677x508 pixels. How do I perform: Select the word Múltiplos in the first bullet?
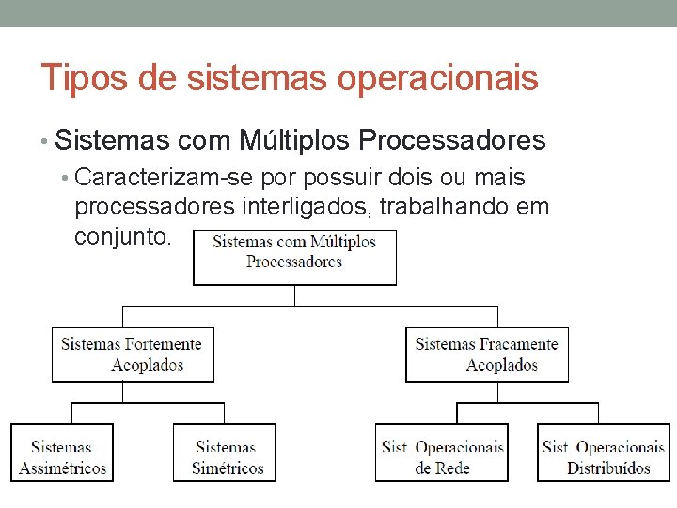[x=290, y=141]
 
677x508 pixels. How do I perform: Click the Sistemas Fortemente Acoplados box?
[x=132, y=355]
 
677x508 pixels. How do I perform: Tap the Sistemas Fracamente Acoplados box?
[x=486, y=355]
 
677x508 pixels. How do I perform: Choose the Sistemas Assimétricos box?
[x=62, y=452]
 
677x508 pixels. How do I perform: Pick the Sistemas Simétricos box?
[x=225, y=452]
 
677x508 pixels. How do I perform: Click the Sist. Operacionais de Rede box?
[x=442, y=452]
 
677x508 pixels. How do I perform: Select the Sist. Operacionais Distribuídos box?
[x=604, y=452]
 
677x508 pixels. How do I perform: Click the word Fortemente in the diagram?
[x=164, y=344]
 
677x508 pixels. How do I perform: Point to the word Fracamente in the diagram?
[x=519, y=344]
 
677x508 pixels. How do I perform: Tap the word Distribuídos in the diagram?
[x=608, y=468]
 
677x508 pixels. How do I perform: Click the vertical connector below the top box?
[x=294, y=295]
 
